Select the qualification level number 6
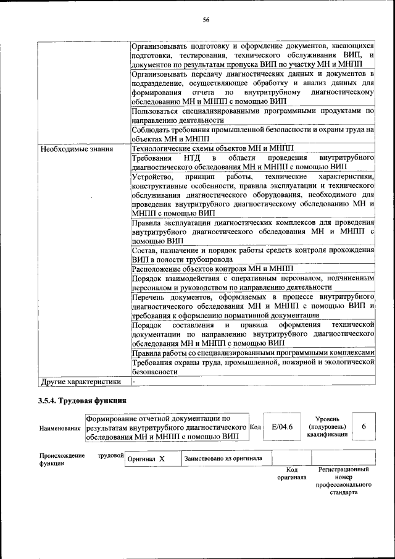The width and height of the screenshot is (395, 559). pos(364,427)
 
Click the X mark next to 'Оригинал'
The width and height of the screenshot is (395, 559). pos(162,459)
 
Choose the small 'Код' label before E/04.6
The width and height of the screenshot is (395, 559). pos(256,427)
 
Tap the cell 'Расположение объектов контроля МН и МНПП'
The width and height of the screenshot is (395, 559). pos(213,269)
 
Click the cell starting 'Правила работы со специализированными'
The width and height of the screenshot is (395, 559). pos(253,353)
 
